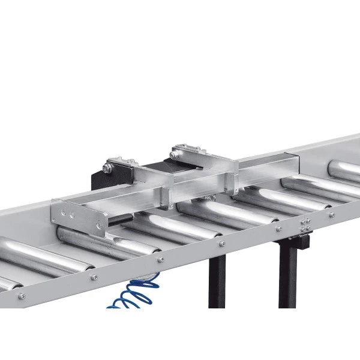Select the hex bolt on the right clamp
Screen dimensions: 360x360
pyautogui.click(x=174, y=155)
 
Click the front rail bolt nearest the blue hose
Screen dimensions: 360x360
pyautogui.click(x=160, y=259)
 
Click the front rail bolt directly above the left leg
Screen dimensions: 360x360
pyautogui.click(x=221, y=243)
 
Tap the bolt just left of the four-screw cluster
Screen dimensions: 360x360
pyautogui.click(x=278, y=229)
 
